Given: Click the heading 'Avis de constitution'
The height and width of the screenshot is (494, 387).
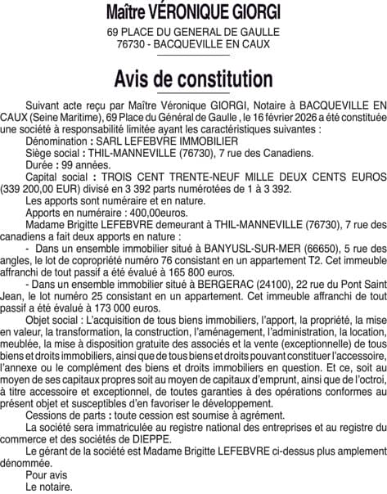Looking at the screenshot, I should click(193, 79).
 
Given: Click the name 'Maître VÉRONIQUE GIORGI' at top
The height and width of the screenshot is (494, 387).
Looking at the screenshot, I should click(193, 13).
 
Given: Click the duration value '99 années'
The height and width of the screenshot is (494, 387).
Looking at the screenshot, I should click(83, 164).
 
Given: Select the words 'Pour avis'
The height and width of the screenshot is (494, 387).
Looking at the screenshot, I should click(47, 475).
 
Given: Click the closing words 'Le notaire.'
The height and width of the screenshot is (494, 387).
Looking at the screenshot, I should click(49, 487).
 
